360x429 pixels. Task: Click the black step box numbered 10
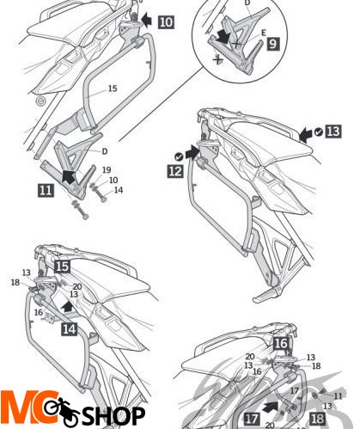click(165, 19)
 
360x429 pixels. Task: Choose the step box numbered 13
click(333, 132)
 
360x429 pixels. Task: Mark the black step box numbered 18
click(318, 419)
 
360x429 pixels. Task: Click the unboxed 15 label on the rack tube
click(113, 89)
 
